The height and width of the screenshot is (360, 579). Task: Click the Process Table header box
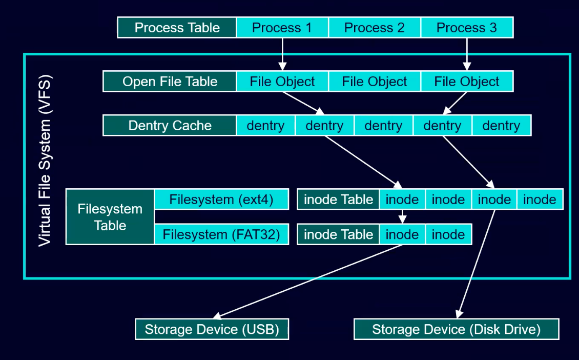[x=177, y=28]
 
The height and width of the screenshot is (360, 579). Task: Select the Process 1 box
[x=282, y=28]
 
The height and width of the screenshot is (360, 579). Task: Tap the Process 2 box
[x=374, y=28]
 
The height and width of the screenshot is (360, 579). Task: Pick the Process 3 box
[x=466, y=28]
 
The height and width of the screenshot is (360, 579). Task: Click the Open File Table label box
[x=170, y=82]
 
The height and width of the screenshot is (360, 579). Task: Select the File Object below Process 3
[x=466, y=82]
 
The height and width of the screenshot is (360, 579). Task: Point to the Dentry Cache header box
[x=170, y=126]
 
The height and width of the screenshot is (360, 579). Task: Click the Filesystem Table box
[x=110, y=217]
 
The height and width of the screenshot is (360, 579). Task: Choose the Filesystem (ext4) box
[x=221, y=199]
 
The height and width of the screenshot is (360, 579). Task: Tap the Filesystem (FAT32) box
[x=221, y=235]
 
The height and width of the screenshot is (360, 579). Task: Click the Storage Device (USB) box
[x=212, y=329]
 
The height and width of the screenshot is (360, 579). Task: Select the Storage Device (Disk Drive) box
[x=456, y=329]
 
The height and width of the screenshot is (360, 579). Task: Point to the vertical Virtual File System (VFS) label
[x=45, y=162]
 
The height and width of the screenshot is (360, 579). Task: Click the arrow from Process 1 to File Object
[x=282, y=54]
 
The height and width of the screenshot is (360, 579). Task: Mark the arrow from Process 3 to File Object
[x=466, y=54]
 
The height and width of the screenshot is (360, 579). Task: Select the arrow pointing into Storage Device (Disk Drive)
[x=477, y=262]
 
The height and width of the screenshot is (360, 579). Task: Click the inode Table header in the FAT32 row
[x=338, y=235]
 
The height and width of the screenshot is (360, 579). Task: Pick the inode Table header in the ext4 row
[x=338, y=199]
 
